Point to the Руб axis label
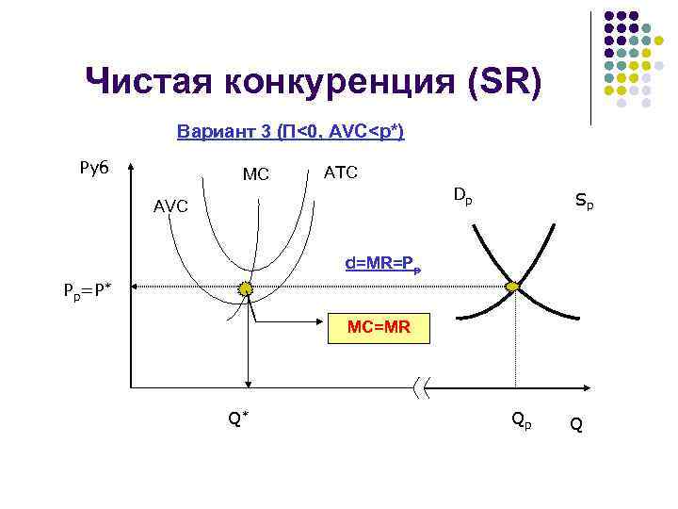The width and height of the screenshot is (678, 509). (x=93, y=168)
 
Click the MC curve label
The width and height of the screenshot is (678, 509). (x=255, y=174)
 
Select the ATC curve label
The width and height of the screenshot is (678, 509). (x=339, y=172)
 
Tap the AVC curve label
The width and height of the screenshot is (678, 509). (x=170, y=205)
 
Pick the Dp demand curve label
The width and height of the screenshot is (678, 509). (x=462, y=196)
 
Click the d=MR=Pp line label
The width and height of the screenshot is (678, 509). (x=382, y=264)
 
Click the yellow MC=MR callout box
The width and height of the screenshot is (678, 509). (x=378, y=327)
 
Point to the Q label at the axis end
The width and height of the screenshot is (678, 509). (x=576, y=425)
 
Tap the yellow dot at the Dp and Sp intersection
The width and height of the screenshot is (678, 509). (x=513, y=286)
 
